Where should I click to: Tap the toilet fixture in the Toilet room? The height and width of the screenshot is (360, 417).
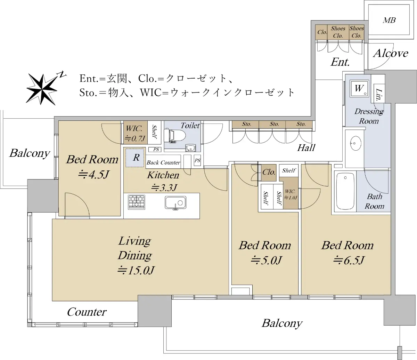click(x=175, y=136)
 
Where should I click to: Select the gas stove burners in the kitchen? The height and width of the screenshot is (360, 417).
click(x=137, y=202)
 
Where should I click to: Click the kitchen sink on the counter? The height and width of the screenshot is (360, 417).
click(x=175, y=202)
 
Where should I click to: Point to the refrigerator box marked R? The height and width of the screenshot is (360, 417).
click(x=135, y=158)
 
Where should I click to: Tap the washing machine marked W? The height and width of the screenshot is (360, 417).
click(x=360, y=88)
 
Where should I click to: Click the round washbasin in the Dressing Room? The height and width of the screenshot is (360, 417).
click(x=355, y=143)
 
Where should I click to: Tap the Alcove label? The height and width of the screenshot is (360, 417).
click(x=391, y=54)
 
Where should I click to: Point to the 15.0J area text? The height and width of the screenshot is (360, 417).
click(x=136, y=270)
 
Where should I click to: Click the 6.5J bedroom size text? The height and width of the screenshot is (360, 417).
click(x=349, y=260)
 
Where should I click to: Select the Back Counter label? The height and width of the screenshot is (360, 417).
click(x=163, y=162)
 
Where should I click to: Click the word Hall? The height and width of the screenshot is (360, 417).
click(x=306, y=148)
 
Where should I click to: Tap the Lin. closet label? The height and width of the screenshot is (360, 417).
click(x=379, y=95)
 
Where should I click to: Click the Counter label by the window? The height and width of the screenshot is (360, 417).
click(x=87, y=312)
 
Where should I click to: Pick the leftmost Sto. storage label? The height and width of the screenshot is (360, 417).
click(x=246, y=124)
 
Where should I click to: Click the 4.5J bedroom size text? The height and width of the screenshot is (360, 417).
click(x=93, y=175)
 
